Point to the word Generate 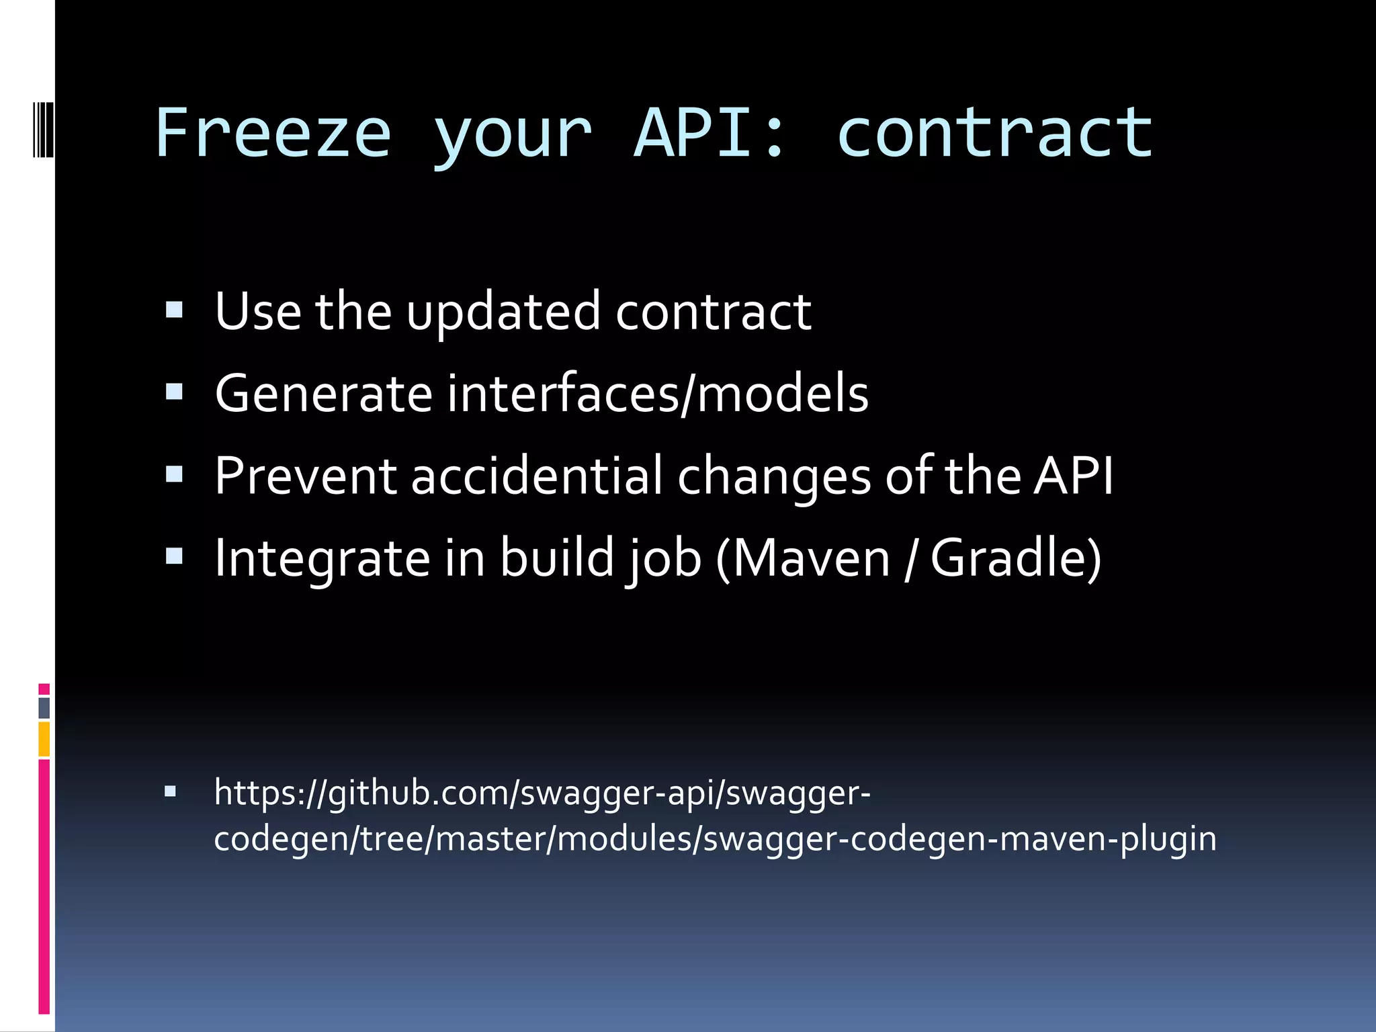[323, 394]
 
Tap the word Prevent [306, 476]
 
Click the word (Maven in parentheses [803, 558]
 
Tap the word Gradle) [1015, 558]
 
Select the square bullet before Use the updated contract [174, 310]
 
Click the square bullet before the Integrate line [174, 556]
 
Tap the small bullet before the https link [170, 791]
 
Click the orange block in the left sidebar [44, 739]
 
